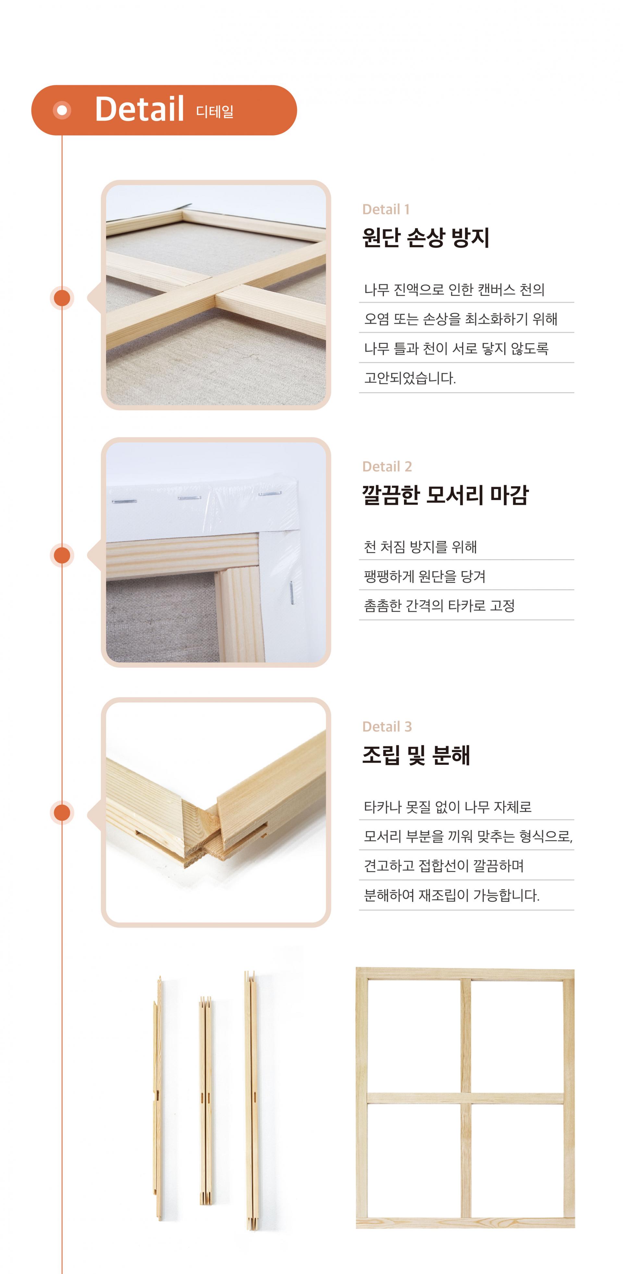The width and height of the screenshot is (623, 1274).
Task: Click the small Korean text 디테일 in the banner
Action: (x=215, y=111)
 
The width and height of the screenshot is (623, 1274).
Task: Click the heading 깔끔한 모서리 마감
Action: (x=445, y=495)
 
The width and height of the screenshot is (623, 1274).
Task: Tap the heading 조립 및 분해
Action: (x=416, y=755)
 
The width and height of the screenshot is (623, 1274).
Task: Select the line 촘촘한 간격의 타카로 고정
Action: (x=439, y=606)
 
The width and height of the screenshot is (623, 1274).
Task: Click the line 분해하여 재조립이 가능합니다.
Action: (x=452, y=895)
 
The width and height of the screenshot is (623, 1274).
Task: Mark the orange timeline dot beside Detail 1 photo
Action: (x=62, y=298)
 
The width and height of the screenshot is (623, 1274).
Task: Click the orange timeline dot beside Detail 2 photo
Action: (x=62, y=555)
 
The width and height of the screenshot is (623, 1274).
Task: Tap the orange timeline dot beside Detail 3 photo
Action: (x=62, y=813)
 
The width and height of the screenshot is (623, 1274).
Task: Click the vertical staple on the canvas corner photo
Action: (x=291, y=593)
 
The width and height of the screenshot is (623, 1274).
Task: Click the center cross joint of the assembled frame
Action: (x=465, y=1098)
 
